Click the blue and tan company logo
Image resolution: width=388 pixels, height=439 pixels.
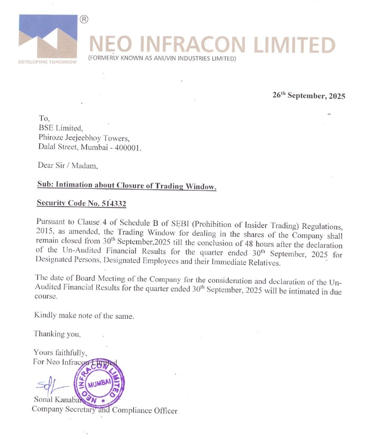(48, 36)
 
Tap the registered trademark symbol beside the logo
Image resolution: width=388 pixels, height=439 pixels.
(84, 19)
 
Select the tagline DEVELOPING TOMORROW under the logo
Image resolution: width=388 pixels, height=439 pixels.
(47, 62)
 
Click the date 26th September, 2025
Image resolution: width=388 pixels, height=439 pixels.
(309, 96)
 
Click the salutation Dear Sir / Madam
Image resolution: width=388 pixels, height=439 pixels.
(68, 165)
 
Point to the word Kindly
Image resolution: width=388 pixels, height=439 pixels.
(45, 315)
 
